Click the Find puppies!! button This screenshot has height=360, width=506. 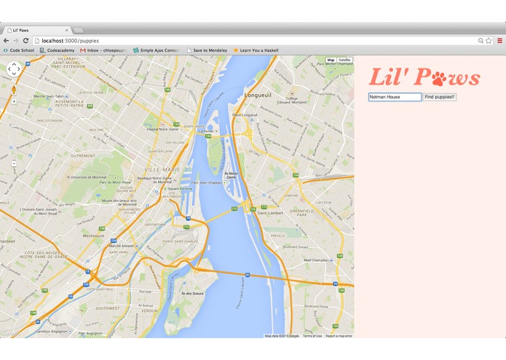(x=439, y=97)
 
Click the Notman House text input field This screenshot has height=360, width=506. (x=395, y=97)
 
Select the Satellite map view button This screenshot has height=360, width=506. (x=344, y=60)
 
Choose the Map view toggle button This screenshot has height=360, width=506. (x=331, y=60)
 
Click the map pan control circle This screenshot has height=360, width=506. (x=14, y=69)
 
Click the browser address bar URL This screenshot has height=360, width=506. (x=70, y=41)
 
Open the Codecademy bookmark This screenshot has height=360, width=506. (x=60, y=50)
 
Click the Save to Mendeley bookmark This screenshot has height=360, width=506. (x=207, y=50)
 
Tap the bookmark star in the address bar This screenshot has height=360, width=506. (x=489, y=41)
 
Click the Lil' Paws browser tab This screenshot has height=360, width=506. (x=33, y=30)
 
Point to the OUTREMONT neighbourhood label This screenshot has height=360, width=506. (x=82, y=156)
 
